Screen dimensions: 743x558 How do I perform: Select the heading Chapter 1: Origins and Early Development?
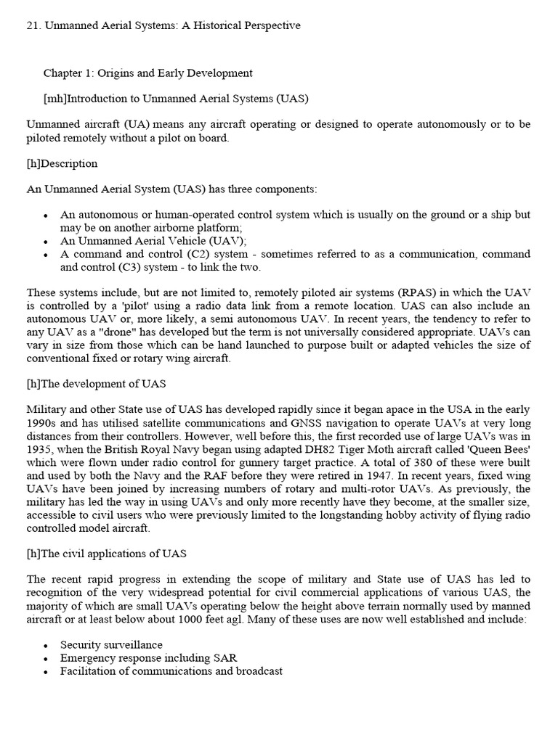pos(147,73)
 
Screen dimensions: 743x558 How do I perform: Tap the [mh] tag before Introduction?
pos(55,99)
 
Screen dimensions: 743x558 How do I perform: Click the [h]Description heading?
pos(62,163)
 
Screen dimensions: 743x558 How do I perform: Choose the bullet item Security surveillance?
pos(111,645)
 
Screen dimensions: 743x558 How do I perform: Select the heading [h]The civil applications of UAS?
pos(106,554)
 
